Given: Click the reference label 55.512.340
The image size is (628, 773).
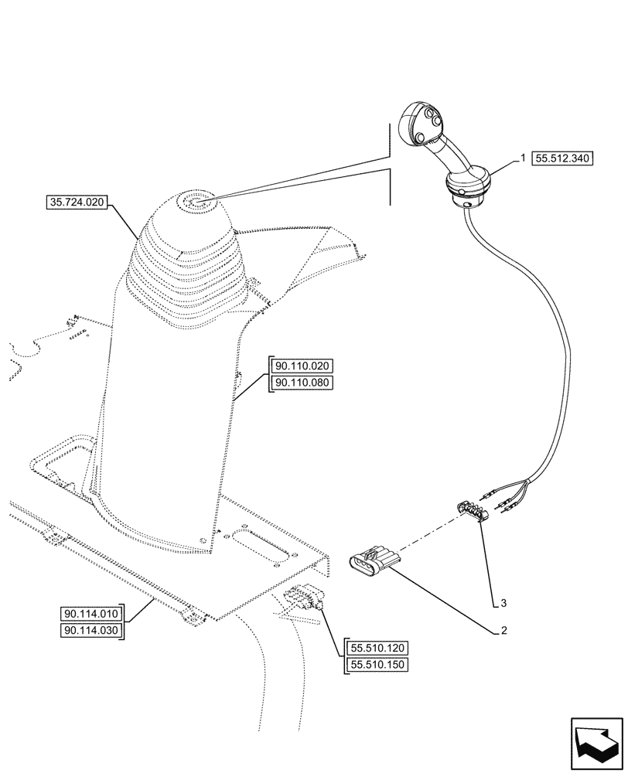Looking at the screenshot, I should [562, 158].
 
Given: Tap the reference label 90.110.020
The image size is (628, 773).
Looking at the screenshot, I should [302, 366].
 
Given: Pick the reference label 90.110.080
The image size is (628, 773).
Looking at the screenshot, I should [302, 383].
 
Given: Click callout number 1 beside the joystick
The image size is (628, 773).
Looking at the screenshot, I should [523, 158].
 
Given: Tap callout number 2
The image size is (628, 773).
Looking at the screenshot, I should [503, 631].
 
